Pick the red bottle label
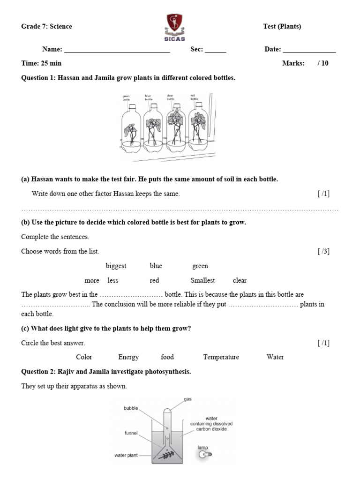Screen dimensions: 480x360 194,97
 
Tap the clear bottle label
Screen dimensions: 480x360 171,97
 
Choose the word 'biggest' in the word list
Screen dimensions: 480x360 116,266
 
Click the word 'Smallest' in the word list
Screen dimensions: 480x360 202,280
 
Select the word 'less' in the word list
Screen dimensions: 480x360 112,280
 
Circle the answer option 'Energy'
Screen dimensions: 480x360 128,357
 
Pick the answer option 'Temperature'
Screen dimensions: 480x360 221,357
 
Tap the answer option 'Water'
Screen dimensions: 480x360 275,357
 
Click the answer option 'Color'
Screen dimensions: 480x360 84,357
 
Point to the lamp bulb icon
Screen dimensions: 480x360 204,454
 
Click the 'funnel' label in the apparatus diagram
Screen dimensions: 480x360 131,433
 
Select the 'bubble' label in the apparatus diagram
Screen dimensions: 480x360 131,408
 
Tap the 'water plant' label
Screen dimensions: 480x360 126,455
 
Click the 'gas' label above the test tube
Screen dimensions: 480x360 188,399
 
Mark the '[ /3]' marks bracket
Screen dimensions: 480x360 323,252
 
